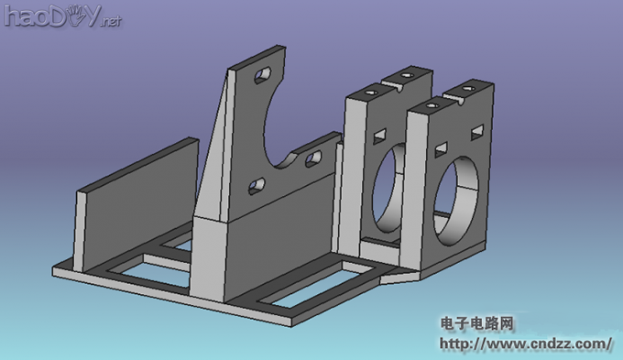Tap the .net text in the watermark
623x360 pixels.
(110, 20)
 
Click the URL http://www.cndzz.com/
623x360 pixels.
(526, 344)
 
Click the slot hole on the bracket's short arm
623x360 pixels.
(313, 159)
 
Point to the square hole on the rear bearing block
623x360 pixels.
(378, 136)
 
